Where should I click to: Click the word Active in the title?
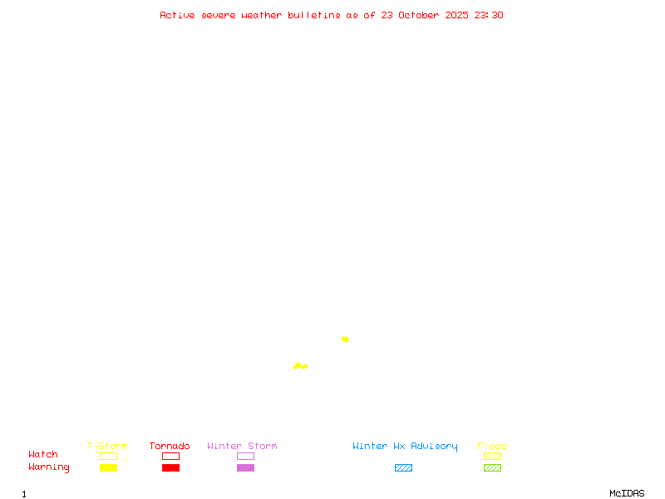176,15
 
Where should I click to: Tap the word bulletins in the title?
314,15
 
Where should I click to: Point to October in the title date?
424,15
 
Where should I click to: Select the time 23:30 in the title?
489,15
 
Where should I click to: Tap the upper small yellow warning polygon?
345,339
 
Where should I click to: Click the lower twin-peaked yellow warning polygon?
299,366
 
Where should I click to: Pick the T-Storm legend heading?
107,447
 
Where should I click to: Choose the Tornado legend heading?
170,447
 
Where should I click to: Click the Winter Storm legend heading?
242,447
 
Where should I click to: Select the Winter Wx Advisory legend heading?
405,447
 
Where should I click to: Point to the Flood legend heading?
492,447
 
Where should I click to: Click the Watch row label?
43,455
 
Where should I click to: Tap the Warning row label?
49,467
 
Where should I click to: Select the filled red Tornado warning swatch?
170,468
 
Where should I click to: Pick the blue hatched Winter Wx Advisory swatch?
403,468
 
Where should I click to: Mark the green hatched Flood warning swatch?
492,468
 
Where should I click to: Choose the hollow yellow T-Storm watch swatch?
108,456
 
